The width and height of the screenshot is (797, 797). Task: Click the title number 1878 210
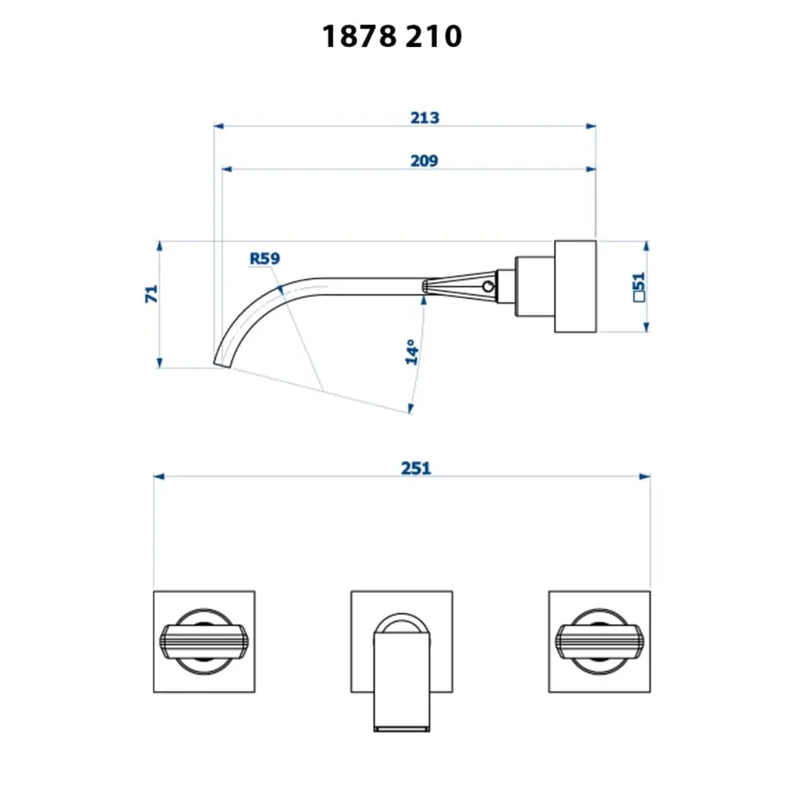click(x=392, y=37)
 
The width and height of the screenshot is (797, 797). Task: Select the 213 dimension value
click(x=425, y=118)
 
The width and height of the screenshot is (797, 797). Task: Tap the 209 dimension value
click(x=424, y=161)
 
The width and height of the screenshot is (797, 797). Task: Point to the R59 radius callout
click(x=265, y=259)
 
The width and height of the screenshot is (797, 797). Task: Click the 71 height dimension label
click(x=151, y=294)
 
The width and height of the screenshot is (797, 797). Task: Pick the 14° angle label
click(x=412, y=351)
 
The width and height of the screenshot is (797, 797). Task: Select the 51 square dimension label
click(x=639, y=287)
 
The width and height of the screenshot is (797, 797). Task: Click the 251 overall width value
click(x=416, y=468)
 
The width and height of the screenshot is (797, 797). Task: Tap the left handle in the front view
click(x=204, y=642)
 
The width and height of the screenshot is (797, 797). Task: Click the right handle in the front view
click(x=599, y=642)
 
